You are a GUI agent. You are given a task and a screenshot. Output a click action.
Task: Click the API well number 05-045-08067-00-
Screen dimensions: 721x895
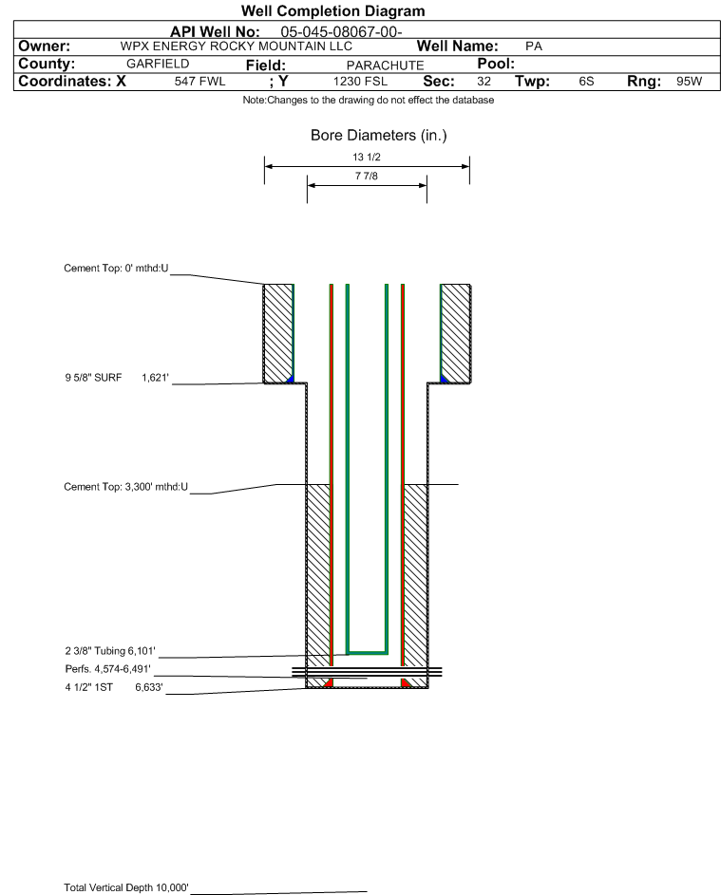point(341,32)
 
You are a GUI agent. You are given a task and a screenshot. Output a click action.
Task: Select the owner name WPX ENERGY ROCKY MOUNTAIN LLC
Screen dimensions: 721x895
point(237,47)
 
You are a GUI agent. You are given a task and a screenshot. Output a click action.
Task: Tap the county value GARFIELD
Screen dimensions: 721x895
point(158,64)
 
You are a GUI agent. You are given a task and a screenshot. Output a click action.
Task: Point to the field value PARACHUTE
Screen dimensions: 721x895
point(385,65)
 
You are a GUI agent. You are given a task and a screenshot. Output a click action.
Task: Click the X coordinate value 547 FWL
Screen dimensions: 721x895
point(199,81)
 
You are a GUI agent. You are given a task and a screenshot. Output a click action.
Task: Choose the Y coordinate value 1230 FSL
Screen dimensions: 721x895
point(360,81)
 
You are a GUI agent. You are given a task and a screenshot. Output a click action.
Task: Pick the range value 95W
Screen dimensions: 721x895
point(689,81)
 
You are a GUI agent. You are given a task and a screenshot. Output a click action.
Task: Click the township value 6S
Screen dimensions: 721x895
point(586,81)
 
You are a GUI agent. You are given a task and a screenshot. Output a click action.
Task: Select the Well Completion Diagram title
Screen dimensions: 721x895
point(333,10)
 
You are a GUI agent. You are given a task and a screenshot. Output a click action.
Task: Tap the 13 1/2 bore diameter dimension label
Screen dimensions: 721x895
point(367,157)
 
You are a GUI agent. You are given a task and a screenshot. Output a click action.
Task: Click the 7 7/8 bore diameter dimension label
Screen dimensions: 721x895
point(367,176)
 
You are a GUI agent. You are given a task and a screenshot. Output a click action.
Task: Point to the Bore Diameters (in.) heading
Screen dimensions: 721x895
point(379,136)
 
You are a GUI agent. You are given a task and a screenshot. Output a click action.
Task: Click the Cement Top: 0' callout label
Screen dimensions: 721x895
point(116,269)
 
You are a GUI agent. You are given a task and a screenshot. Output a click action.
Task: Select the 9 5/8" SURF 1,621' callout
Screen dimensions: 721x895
point(117,378)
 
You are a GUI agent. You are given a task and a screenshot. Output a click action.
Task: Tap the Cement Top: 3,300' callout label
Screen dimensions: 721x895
point(125,487)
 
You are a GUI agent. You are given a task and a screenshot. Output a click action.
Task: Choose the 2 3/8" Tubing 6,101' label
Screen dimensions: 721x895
point(109,651)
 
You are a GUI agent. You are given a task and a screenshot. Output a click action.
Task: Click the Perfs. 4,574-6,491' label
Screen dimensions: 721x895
point(108,669)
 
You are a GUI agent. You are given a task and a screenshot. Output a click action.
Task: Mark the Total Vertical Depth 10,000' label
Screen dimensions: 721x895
point(126,887)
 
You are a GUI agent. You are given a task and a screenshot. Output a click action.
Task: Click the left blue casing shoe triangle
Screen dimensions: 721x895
point(291,379)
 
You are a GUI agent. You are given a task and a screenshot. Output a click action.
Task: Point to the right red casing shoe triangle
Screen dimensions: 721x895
point(406,682)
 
